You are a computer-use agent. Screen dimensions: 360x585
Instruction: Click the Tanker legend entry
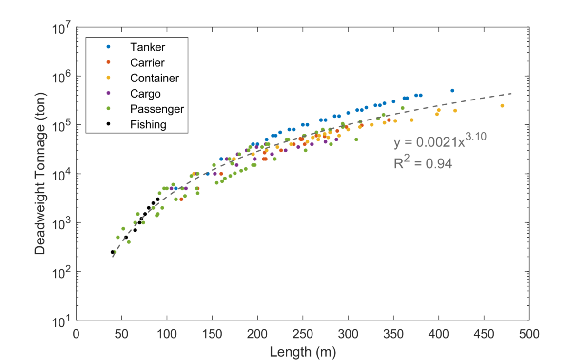pyautogui.click(x=148, y=47)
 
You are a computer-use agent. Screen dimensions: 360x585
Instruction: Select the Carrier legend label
pyautogui.click(x=148, y=62)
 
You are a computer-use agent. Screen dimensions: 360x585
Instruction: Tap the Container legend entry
pyautogui.click(x=155, y=78)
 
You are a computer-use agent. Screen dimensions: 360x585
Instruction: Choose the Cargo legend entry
pyautogui.click(x=145, y=94)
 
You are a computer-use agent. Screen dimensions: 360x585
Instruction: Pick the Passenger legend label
pyautogui.click(x=157, y=109)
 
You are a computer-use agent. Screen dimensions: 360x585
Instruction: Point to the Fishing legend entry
pyautogui.click(x=148, y=124)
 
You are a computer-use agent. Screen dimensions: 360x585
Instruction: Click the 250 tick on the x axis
pyautogui.click(x=303, y=334)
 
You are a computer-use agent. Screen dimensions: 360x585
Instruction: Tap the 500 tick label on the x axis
pyautogui.click(x=529, y=334)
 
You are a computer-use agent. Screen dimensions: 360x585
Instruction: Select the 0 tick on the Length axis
pyautogui.click(x=77, y=334)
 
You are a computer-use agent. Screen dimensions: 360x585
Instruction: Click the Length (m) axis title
pyautogui.click(x=302, y=350)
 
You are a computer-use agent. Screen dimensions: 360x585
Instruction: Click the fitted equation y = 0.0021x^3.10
pyautogui.click(x=440, y=142)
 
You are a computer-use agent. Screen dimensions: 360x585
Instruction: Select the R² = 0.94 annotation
pyautogui.click(x=423, y=163)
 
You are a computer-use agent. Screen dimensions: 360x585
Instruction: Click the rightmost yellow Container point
pyautogui.click(x=502, y=106)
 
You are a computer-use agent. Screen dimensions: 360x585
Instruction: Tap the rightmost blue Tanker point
pyautogui.click(x=452, y=91)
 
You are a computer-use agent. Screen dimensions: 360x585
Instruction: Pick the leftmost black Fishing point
pyautogui.click(x=112, y=252)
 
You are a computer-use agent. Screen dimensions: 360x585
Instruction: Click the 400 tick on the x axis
pyautogui.click(x=439, y=334)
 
